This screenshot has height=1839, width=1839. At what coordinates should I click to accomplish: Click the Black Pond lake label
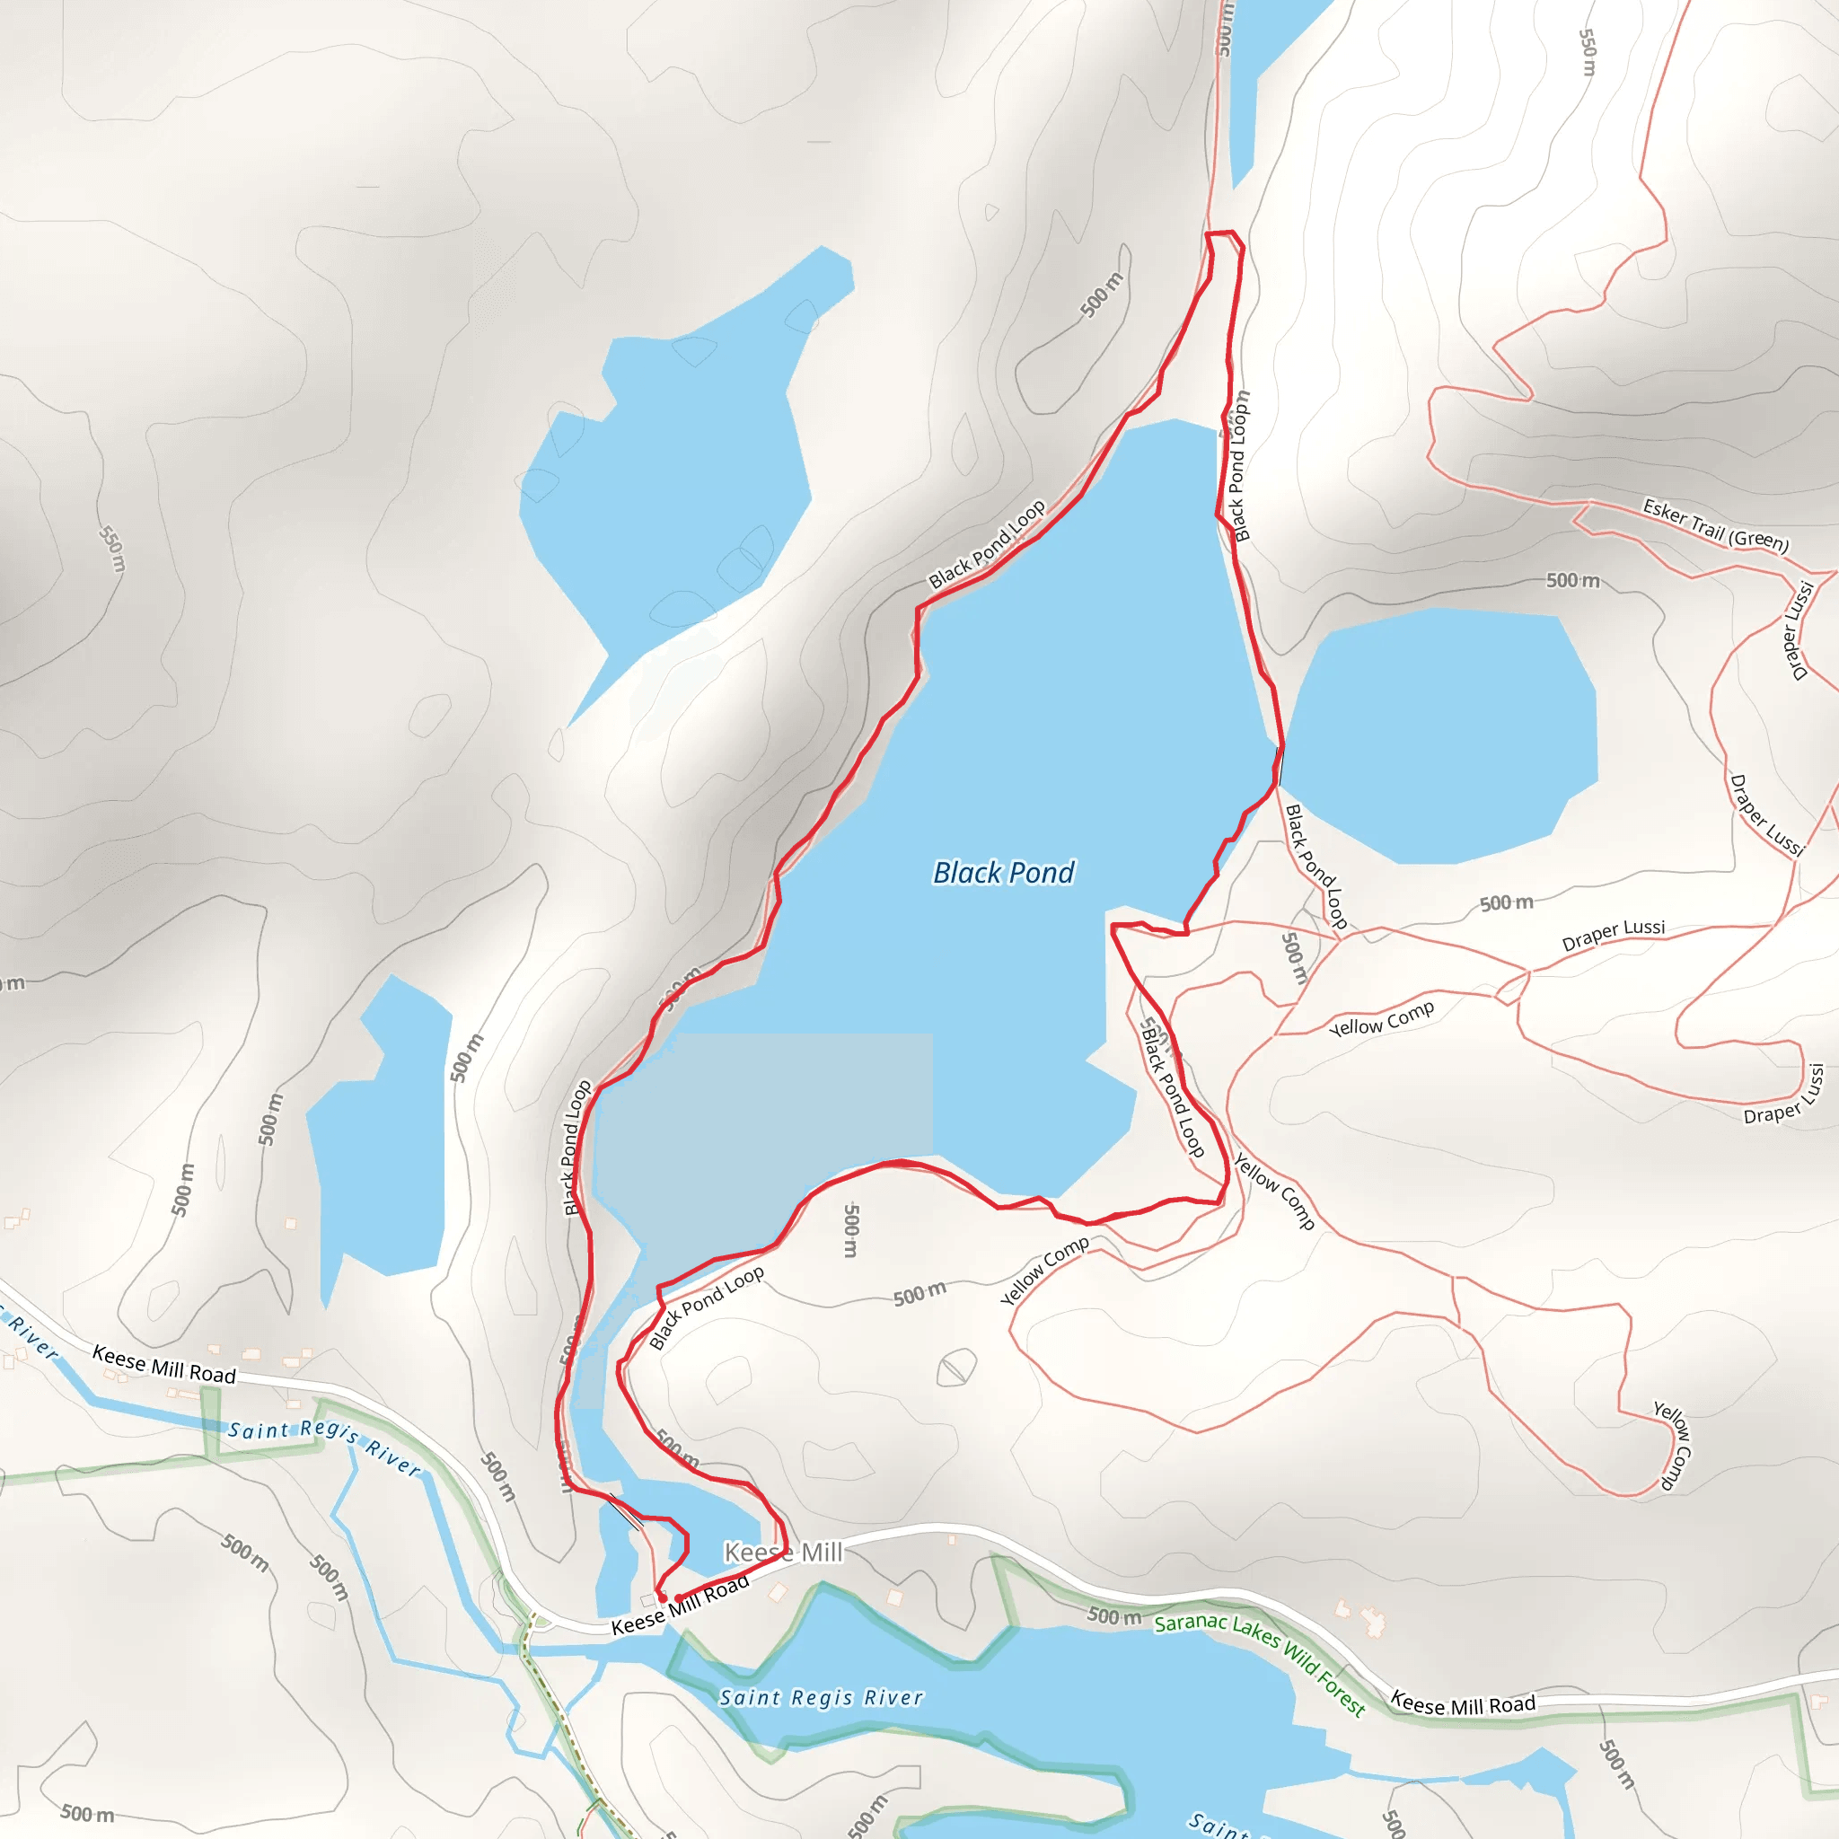point(1003,873)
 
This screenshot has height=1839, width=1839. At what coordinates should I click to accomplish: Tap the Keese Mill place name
point(782,1553)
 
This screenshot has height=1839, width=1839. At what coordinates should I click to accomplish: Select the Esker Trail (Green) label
point(1715,525)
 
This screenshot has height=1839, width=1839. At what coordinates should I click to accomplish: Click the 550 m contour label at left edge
point(112,550)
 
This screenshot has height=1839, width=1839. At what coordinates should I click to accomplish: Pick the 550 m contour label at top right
point(1588,52)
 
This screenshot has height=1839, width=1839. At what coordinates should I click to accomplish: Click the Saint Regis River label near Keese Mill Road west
point(323,1447)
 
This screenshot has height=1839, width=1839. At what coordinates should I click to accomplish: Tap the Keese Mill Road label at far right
point(1463,1703)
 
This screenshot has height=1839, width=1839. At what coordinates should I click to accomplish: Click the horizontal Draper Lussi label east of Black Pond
point(1614,935)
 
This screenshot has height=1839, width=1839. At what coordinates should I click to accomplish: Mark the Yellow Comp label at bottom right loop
point(1672,1445)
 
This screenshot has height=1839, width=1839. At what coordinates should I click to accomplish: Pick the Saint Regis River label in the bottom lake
point(821,1698)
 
